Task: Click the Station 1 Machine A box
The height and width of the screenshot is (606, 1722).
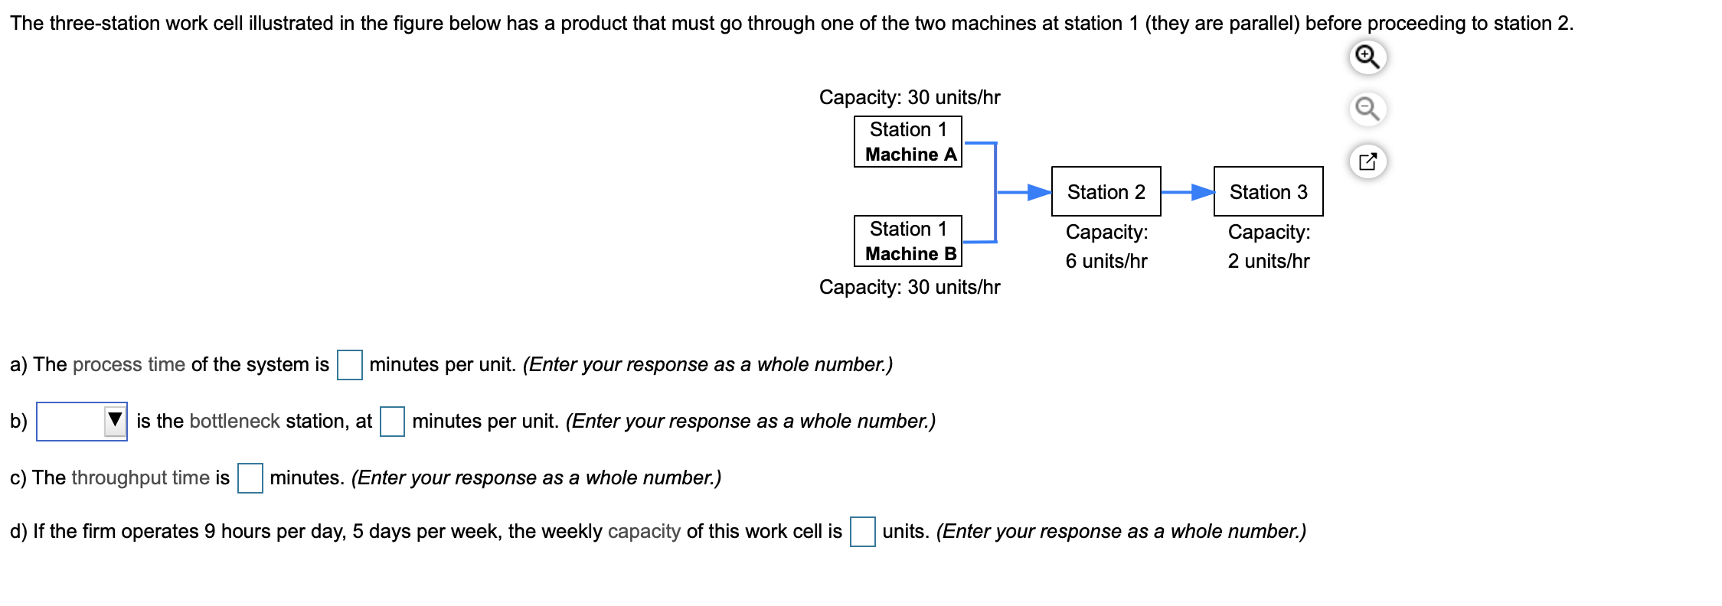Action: tap(907, 142)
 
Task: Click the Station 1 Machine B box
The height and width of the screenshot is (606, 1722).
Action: tap(907, 241)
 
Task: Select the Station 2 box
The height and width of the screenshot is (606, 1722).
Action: tap(1106, 191)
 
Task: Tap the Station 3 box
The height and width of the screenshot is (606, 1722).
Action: tap(1268, 191)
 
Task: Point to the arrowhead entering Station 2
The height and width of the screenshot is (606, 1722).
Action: tap(1039, 192)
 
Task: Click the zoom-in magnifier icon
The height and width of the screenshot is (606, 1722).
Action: tap(1367, 57)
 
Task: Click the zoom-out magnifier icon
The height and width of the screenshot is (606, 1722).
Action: tap(1367, 109)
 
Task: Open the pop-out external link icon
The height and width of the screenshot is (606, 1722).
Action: tap(1367, 161)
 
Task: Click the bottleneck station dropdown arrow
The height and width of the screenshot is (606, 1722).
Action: tap(115, 420)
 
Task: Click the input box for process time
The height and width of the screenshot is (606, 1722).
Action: tap(350, 364)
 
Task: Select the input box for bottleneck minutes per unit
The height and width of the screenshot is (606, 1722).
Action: tap(392, 421)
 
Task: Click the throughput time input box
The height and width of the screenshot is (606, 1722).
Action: tap(250, 478)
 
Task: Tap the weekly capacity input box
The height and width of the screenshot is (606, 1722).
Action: tap(862, 531)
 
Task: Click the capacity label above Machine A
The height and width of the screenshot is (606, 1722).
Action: tap(909, 97)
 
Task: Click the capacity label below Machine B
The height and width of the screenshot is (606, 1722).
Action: tap(909, 287)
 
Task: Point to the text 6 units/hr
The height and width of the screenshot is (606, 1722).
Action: tap(1106, 261)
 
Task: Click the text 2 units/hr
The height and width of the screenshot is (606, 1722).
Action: tap(1268, 261)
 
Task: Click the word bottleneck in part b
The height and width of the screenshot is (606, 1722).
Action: tap(234, 421)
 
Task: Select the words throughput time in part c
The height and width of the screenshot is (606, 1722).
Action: tap(140, 477)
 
